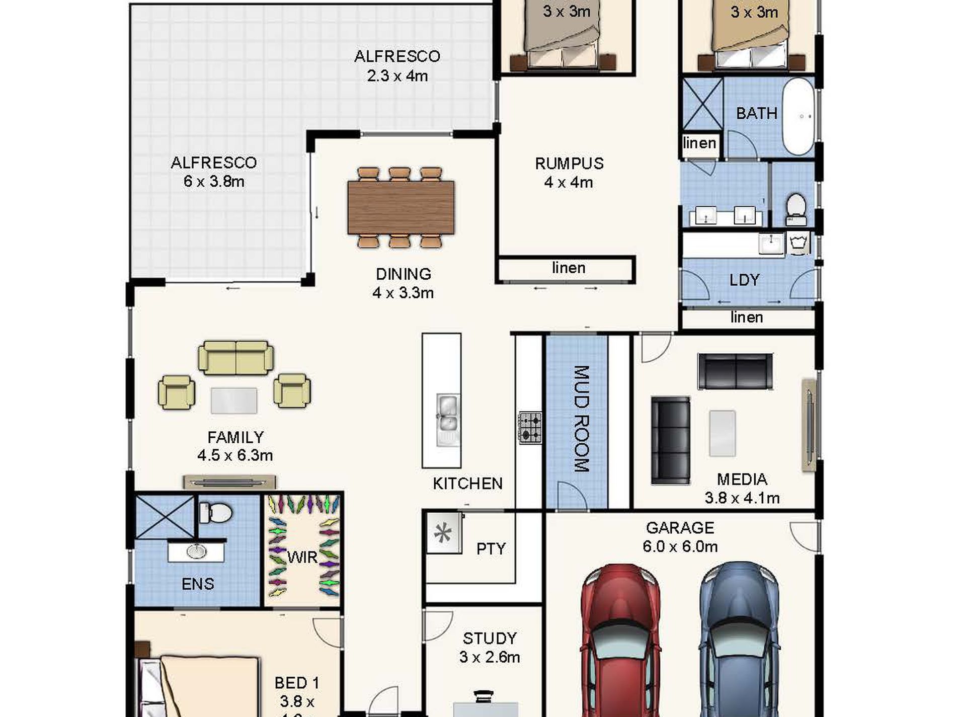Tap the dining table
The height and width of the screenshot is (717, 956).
point(401,207)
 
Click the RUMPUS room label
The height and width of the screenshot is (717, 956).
point(569,164)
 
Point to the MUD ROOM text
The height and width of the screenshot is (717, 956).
point(581,419)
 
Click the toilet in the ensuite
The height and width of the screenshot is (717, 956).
point(216,513)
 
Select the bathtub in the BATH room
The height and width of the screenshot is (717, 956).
point(799,116)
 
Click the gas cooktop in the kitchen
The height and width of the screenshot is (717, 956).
point(530,428)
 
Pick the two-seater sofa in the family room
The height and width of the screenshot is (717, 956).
point(236,358)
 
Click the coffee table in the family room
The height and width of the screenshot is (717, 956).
point(234,401)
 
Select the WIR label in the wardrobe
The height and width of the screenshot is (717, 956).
point(302,557)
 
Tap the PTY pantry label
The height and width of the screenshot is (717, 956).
point(491,548)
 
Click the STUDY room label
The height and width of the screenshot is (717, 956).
point(490,639)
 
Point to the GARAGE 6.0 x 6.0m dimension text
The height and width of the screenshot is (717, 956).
point(680,546)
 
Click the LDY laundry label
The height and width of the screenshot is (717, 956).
point(744,280)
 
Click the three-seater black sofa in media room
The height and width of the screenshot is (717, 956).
point(670,441)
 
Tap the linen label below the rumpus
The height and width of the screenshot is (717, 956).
point(569,268)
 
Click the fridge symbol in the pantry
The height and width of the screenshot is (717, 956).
point(443,533)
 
